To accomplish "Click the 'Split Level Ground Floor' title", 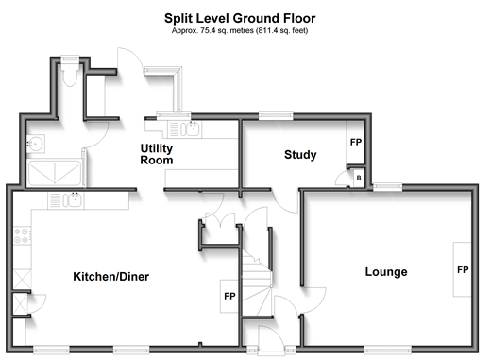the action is coord(240,18).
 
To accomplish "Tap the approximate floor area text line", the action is coord(240,30).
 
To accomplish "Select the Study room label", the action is coord(300,155).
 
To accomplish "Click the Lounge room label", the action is coord(386,271).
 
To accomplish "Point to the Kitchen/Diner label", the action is coord(111,277).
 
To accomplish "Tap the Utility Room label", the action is coord(157,154).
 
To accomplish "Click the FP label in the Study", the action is coord(356,142).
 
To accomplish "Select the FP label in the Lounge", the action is coord(463,270).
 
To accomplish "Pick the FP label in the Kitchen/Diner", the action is coord(229,296).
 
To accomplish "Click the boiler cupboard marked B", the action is coord(359,178).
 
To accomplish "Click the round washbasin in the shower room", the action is coord(35,145).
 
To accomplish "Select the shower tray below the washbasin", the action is coord(55,173).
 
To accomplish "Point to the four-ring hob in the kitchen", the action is coord(23,235).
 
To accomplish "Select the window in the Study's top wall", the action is coord(276,116).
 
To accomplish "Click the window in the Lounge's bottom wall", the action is coord(388,350).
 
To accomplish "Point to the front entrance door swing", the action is coord(271,338).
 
